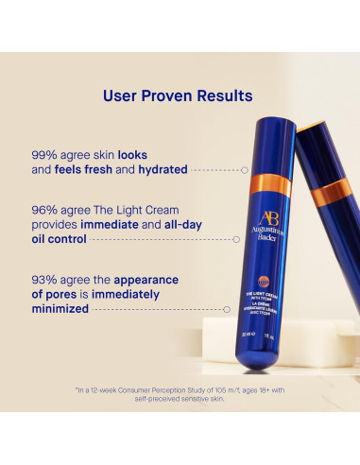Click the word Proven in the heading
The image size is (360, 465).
(x=173, y=95)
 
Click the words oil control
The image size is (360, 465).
(x=98, y=240)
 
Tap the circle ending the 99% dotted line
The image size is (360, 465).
(x=245, y=170)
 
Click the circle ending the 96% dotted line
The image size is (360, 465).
(x=245, y=240)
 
